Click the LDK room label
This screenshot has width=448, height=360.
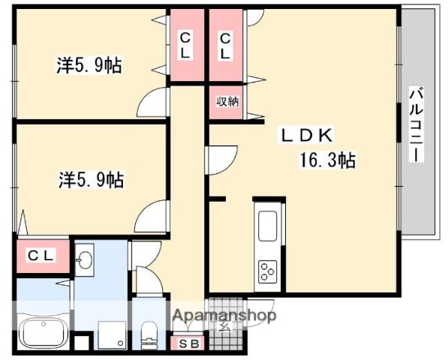307,135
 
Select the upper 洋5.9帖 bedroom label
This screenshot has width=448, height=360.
89,65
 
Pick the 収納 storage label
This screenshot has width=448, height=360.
227,102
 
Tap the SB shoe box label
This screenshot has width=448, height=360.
189,343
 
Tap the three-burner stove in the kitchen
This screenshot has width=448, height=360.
268,268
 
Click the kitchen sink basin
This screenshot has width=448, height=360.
268,225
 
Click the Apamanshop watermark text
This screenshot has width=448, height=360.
224,315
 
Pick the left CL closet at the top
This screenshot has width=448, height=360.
185,45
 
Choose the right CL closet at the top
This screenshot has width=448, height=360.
225,45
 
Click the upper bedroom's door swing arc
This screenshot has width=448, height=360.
152,102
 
